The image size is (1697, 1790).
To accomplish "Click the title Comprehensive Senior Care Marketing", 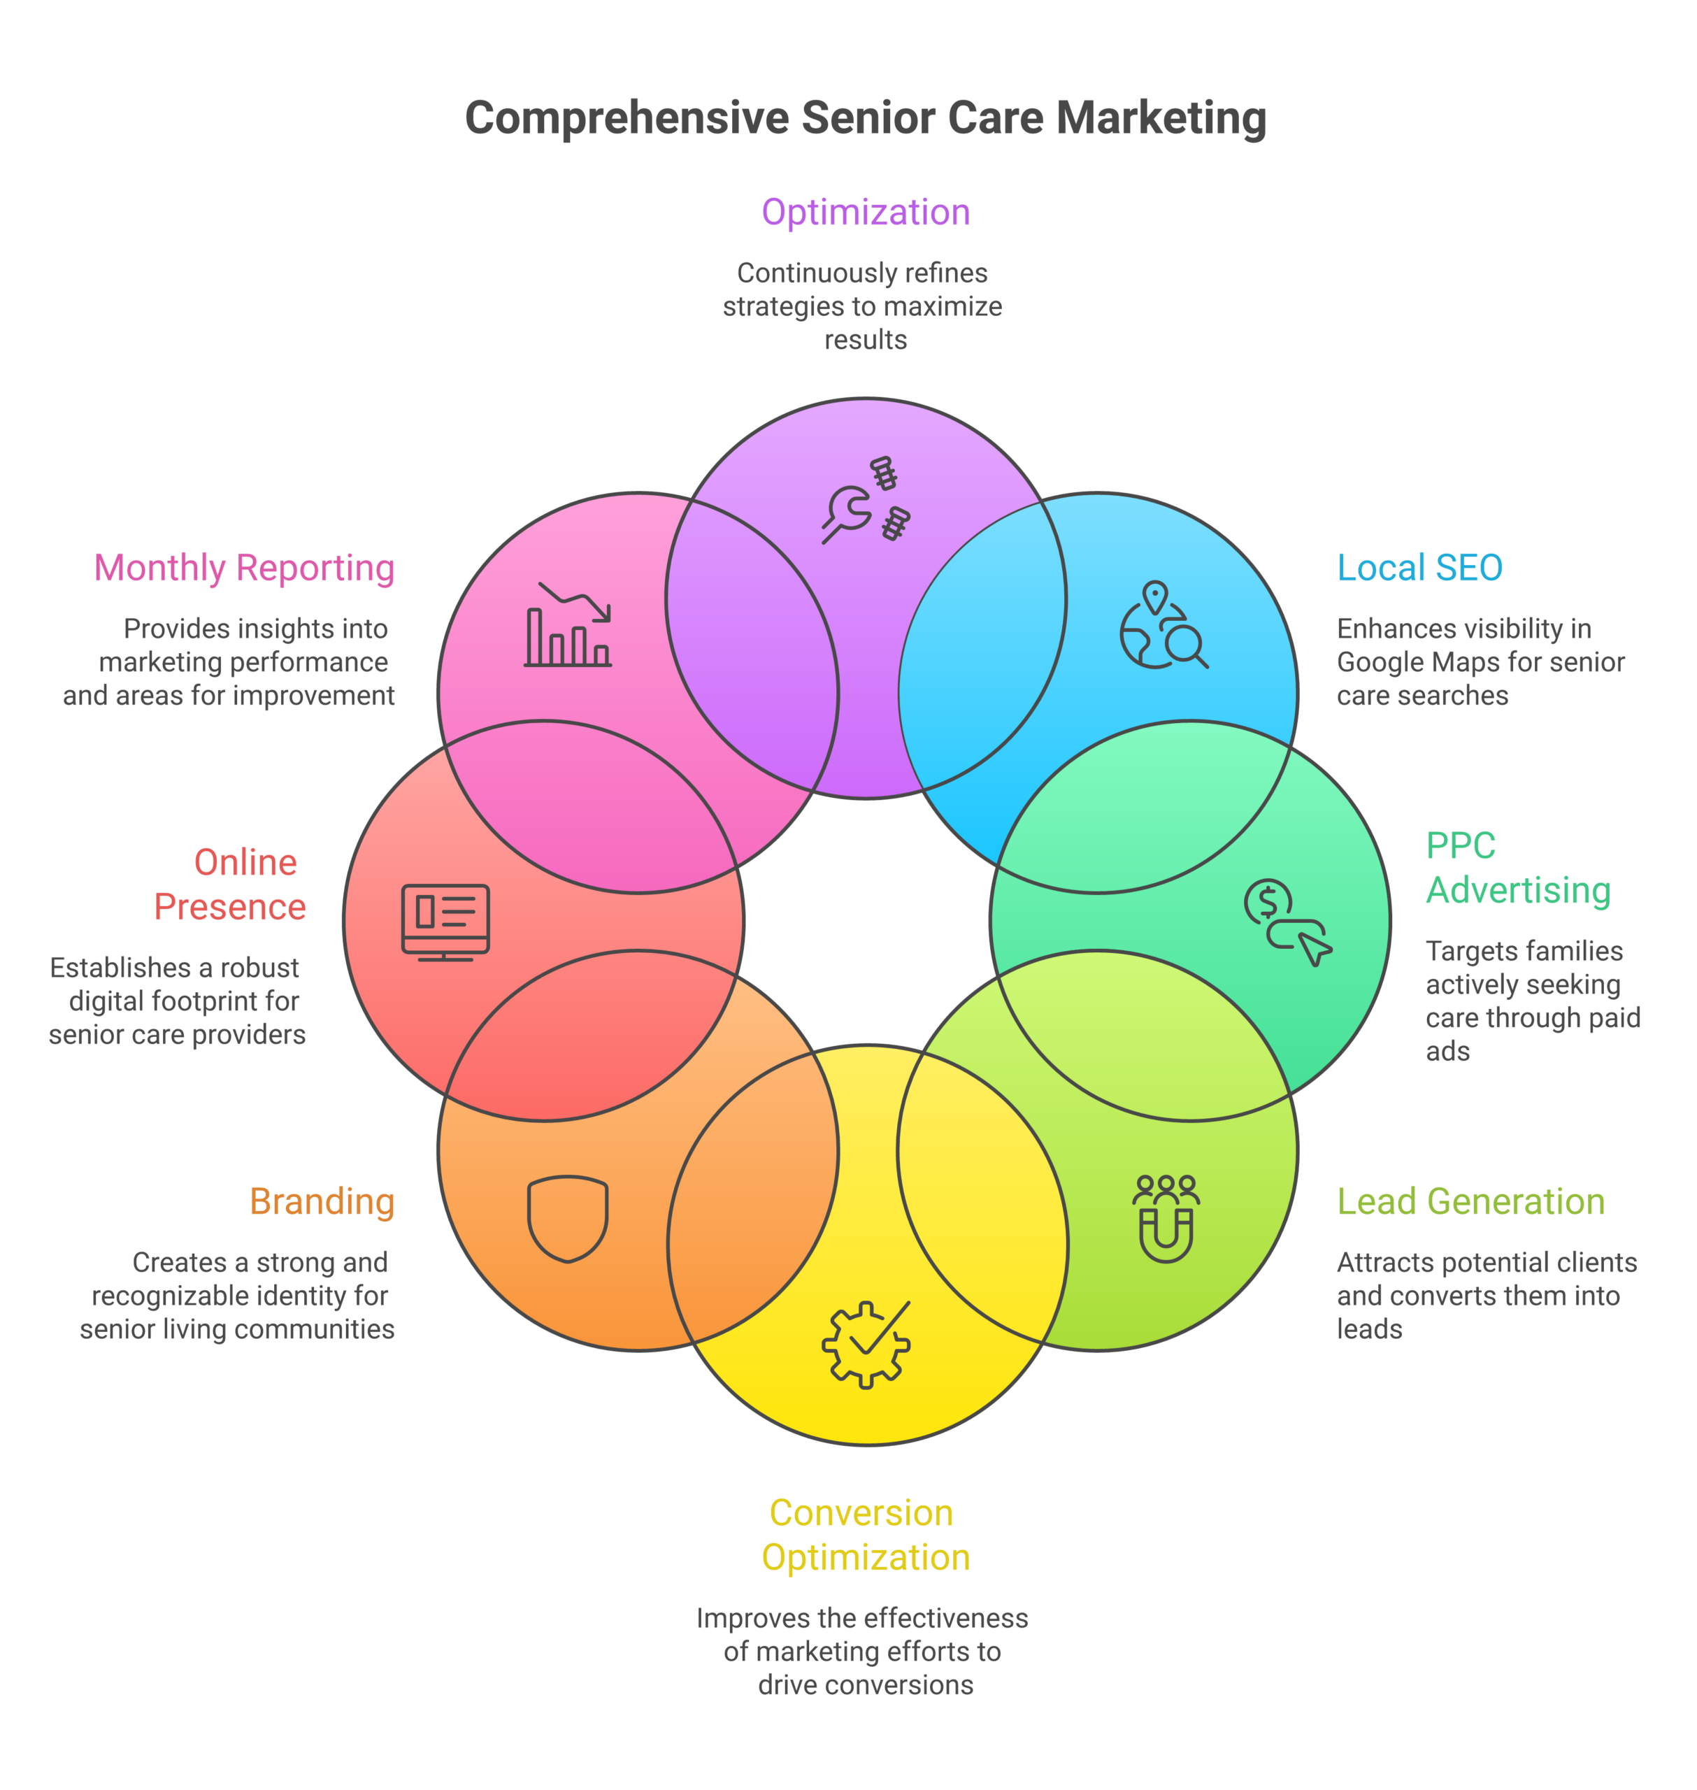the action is [866, 118].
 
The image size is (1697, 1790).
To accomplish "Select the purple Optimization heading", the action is [866, 213].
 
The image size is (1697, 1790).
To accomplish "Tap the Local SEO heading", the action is [1419, 568].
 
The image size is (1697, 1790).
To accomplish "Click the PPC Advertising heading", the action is [1518, 868].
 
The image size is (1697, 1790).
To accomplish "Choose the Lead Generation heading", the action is [1471, 1201].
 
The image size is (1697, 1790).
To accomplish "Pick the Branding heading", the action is [322, 1201].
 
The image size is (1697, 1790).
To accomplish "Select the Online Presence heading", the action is [231, 885].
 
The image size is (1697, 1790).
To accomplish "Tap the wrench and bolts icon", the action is [866, 500].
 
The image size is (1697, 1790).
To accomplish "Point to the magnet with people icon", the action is [1166, 1218].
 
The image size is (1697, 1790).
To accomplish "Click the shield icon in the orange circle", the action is [568, 1218].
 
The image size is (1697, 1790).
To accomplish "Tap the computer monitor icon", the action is [445, 922].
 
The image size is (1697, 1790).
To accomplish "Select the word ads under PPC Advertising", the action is [1447, 1051].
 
